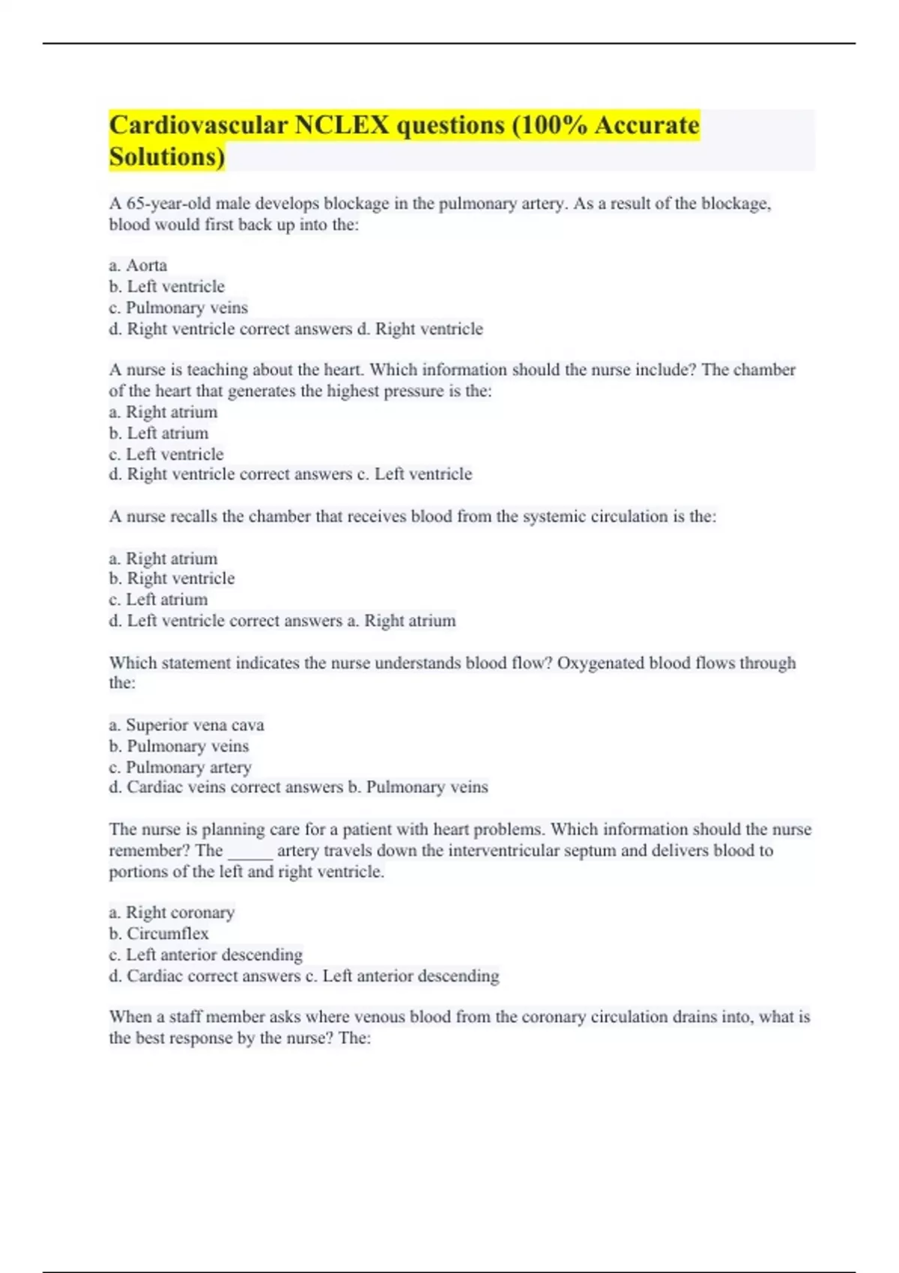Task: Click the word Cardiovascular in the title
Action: (x=198, y=125)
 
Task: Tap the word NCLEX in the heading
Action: (x=342, y=125)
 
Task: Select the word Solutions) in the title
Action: (x=167, y=157)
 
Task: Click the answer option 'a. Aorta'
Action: (x=138, y=266)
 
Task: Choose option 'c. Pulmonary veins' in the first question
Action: (x=178, y=308)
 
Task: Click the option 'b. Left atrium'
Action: (x=159, y=433)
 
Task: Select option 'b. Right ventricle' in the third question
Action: (x=172, y=579)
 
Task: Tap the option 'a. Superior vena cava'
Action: (x=187, y=725)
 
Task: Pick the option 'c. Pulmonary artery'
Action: (x=180, y=768)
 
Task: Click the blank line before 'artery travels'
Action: (x=250, y=852)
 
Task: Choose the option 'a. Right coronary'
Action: (x=172, y=913)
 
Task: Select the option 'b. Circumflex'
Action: (x=159, y=934)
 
